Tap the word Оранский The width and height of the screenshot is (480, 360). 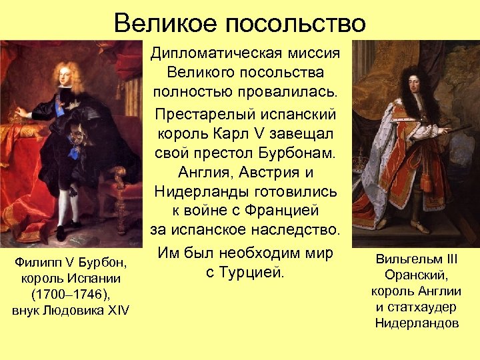[x=416, y=275]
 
